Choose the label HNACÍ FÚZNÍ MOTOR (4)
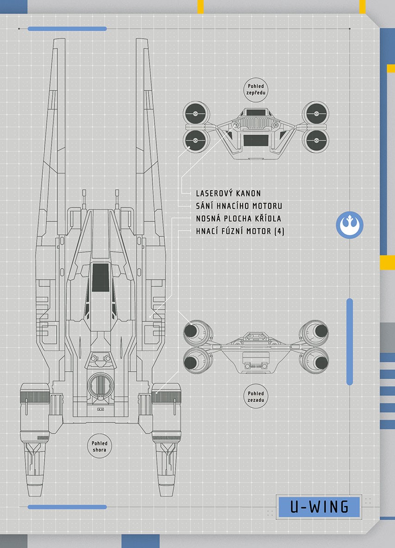[240, 231]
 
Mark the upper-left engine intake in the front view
[195, 114]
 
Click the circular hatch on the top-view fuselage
[99, 385]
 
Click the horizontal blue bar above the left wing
[67, 29]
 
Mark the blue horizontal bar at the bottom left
[67, 507]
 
